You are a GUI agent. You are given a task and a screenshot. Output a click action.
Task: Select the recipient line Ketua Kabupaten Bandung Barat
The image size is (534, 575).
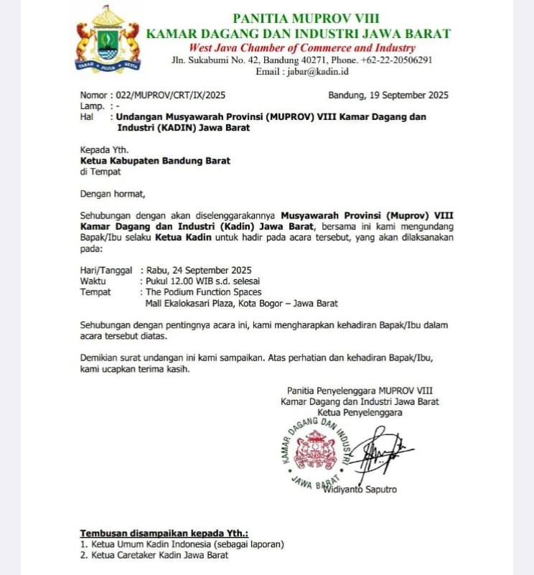155,161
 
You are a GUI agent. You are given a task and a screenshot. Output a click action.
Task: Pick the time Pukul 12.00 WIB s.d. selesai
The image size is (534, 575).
203,281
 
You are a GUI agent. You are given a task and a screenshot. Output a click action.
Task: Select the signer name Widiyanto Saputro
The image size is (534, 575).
360,490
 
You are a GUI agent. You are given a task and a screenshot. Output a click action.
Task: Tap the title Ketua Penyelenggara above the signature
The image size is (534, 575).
360,412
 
